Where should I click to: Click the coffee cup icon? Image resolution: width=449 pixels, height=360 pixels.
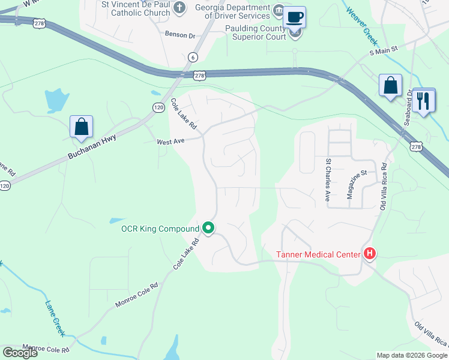coord(294,17)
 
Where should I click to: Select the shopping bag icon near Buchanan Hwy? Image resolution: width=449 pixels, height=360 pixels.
coord(81,127)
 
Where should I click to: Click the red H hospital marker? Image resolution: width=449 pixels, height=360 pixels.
coord(370,254)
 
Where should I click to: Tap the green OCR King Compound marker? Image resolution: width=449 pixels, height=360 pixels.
coord(209,228)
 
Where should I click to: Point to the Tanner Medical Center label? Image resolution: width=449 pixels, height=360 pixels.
coord(318,254)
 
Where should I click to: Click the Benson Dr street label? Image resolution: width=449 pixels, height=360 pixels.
coord(180,35)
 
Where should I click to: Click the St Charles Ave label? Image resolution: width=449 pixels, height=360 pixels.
coord(328,179)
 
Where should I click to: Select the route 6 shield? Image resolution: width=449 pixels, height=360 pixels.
coord(192,57)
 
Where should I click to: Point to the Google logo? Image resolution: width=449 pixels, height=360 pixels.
coord(20,352)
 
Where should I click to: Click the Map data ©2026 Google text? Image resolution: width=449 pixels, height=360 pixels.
coord(412,355)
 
